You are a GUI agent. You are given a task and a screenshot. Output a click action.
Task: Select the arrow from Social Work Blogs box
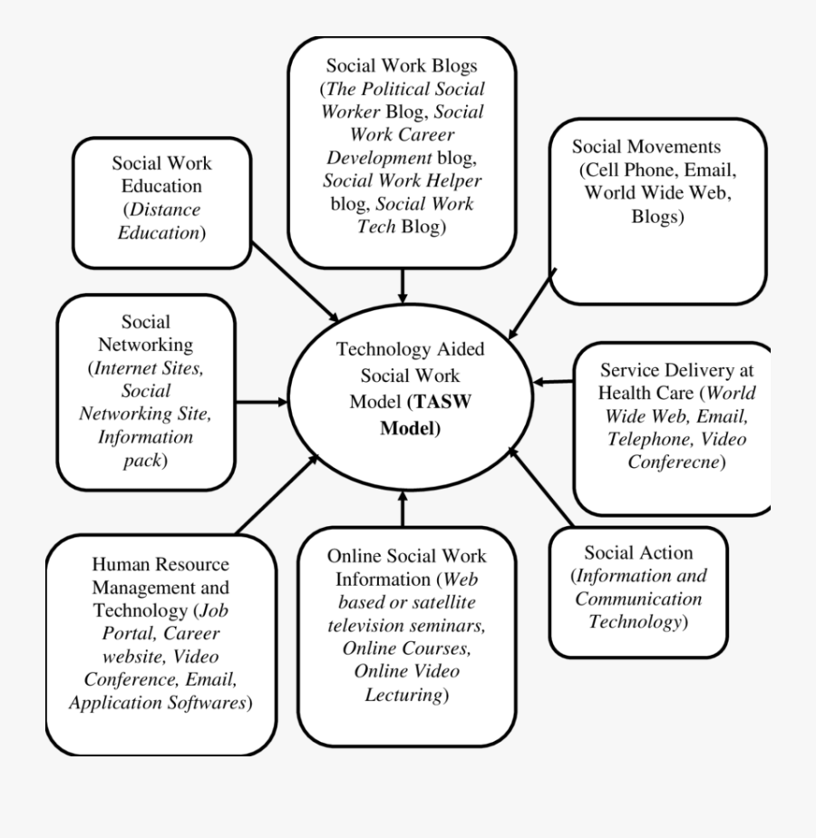(403, 286)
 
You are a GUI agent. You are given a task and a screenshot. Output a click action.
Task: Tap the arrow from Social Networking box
(262, 402)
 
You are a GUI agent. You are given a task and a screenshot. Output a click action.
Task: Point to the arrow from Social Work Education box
(295, 282)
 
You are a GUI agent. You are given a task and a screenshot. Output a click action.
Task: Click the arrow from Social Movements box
(532, 304)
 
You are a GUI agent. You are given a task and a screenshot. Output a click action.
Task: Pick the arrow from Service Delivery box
(554, 382)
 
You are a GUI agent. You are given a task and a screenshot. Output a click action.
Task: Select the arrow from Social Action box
(540, 486)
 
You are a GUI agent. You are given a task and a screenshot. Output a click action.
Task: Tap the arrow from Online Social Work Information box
(403, 509)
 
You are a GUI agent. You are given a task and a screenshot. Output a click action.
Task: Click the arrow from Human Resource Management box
(277, 494)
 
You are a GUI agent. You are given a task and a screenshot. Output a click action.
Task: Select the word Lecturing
(404, 695)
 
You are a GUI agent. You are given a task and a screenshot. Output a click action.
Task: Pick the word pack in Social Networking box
(142, 461)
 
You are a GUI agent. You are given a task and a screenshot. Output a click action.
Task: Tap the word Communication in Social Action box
(638, 599)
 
